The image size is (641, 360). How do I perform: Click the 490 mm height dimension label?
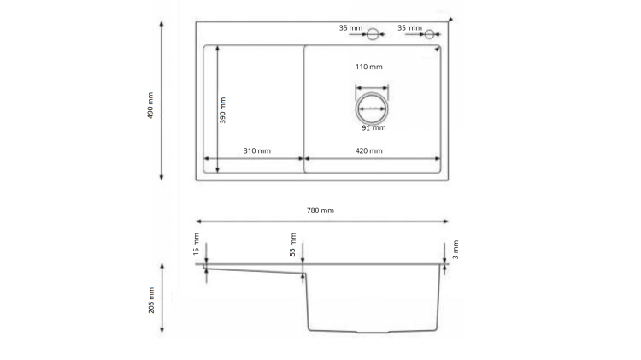point(150,104)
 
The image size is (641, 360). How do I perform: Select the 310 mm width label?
point(256,150)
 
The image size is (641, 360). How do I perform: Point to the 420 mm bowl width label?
point(369,150)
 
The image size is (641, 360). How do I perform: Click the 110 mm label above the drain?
point(369,67)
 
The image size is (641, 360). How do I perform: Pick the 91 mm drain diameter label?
point(373,128)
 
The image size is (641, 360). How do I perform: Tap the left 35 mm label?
point(350,28)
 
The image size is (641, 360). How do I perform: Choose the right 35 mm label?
point(409,28)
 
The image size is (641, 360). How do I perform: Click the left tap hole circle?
point(373,33)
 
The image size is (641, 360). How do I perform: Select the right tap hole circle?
point(430,33)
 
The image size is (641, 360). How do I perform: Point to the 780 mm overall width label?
point(321,210)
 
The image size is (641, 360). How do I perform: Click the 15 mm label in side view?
point(196,244)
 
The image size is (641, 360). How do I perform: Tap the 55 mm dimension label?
point(293,244)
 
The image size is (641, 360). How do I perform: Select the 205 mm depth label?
point(151,299)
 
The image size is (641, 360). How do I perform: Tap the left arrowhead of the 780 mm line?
point(198,220)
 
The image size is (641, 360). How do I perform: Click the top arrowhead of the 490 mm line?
point(162,22)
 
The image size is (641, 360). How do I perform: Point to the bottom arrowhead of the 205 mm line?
point(162,329)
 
